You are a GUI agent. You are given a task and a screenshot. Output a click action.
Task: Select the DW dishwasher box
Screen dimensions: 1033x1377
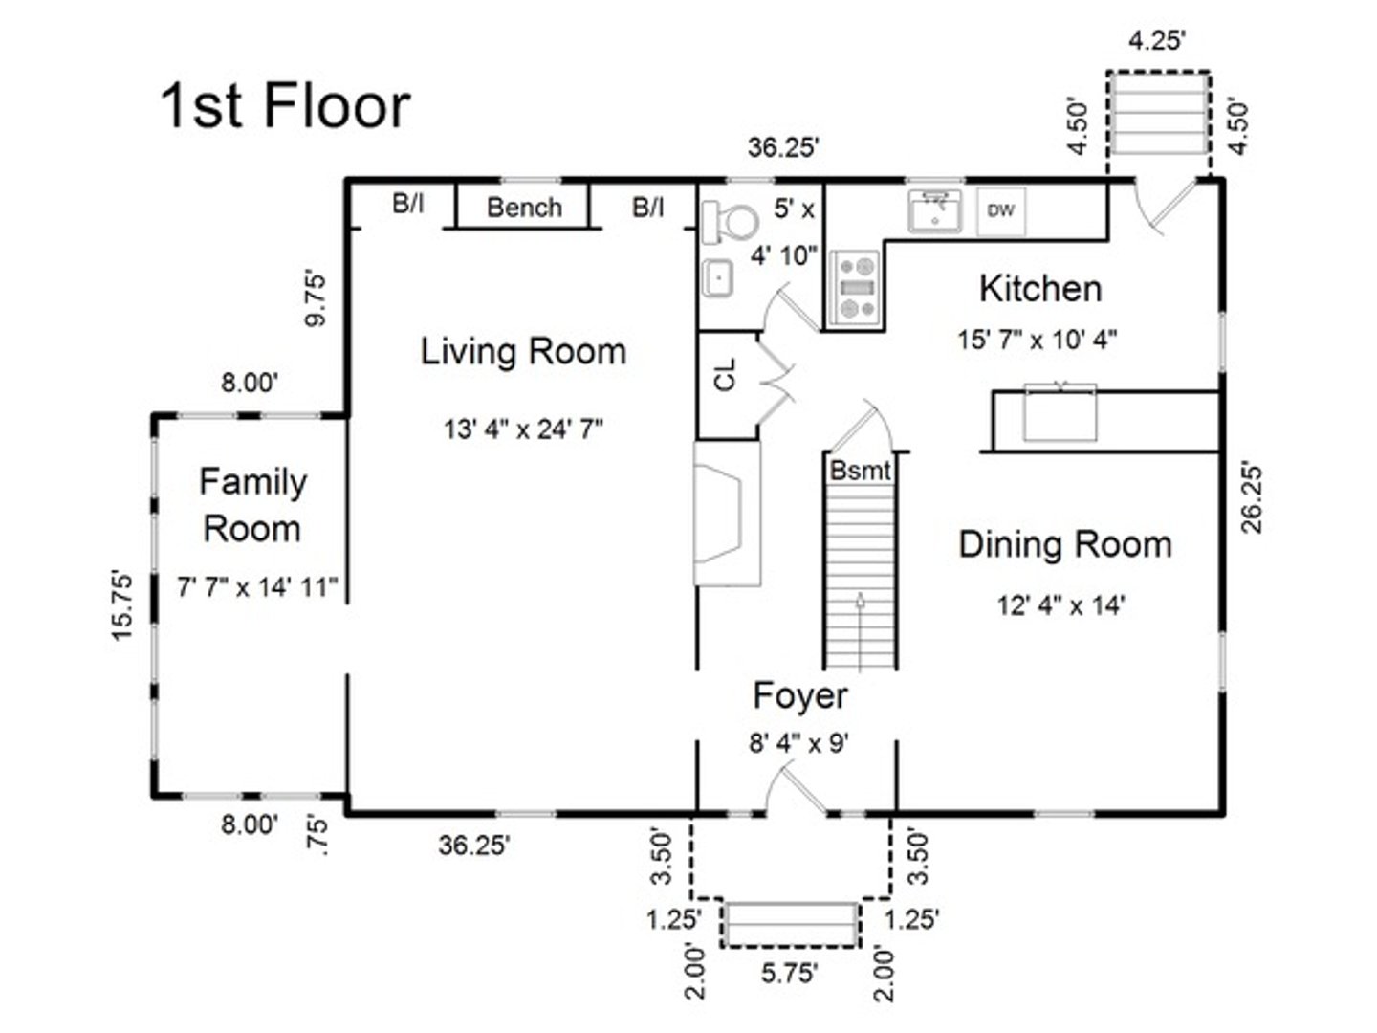coord(1000,210)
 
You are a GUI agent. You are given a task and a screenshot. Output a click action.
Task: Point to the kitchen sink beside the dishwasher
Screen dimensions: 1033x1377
coord(934,210)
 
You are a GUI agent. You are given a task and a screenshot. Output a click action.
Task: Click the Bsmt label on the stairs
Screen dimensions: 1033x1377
coord(860,471)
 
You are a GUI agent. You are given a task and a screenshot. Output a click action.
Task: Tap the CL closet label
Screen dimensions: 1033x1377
coord(726,375)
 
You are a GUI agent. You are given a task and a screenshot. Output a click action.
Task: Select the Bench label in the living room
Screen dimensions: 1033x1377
coord(524,208)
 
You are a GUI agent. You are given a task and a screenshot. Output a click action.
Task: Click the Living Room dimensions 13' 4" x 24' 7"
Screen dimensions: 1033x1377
coord(523,429)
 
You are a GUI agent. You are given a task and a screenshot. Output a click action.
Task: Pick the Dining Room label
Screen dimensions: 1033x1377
coord(1064,544)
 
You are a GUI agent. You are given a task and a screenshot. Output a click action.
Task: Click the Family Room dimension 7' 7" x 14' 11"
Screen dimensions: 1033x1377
coord(257,586)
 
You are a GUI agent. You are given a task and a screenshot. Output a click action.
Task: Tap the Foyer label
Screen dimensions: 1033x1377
coord(799,695)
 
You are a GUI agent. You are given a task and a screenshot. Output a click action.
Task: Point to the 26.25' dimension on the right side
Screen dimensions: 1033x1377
coord(1253,497)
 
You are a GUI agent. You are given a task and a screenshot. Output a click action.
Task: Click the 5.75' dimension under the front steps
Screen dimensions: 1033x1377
coord(789,974)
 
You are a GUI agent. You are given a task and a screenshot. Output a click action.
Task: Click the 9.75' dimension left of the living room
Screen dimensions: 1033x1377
coord(316,300)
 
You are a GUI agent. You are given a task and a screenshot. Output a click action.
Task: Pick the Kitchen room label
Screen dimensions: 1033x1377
coord(1039,288)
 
